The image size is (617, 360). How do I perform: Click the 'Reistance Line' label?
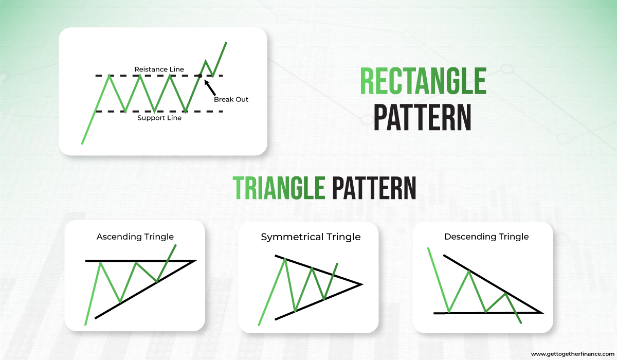pyautogui.click(x=159, y=69)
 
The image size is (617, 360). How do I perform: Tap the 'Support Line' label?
pyautogui.click(x=159, y=118)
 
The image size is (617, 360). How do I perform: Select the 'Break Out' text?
pyautogui.click(x=231, y=99)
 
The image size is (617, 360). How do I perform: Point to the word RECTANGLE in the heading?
pyautogui.click(x=423, y=81)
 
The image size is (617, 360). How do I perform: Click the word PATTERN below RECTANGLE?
pyautogui.click(x=423, y=117)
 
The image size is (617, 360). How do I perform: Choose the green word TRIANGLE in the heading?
pyautogui.click(x=278, y=188)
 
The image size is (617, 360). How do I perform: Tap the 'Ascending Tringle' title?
pyautogui.click(x=135, y=237)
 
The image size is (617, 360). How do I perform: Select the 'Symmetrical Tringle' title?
pyautogui.click(x=311, y=237)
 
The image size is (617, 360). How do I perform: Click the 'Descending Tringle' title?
pyautogui.click(x=486, y=237)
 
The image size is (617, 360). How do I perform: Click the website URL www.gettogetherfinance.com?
pyautogui.click(x=572, y=354)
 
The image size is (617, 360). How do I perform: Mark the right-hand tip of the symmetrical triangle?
pyautogui.click(x=362, y=284)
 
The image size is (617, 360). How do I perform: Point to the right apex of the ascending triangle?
pyautogui.click(x=195, y=261)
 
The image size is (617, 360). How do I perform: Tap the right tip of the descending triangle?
pyautogui.click(x=542, y=312)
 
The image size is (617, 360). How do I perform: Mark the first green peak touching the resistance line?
pyautogui.click(x=109, y=76)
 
